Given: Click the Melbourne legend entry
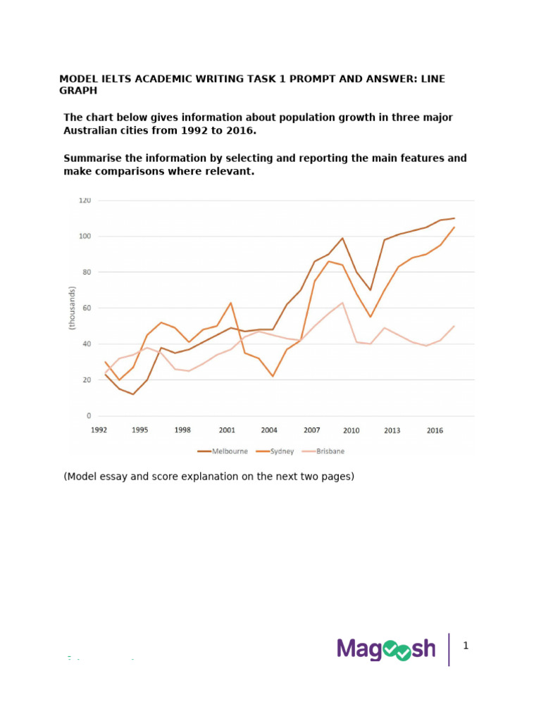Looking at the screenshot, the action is (223, 451).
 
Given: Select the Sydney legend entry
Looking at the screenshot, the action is (275, 451).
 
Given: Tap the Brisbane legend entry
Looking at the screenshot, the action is (323, 451).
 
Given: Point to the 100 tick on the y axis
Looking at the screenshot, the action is (85, 237).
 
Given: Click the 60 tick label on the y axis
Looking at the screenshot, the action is (87, 308).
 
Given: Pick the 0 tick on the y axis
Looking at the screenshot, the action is (89, 415).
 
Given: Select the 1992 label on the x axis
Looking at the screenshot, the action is (99, 430).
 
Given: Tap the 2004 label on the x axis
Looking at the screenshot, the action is (269, 430).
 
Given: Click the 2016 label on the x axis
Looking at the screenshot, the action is (435, 430).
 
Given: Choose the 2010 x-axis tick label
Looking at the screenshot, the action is (351, 430).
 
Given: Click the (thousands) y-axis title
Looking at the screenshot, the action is (72, 308).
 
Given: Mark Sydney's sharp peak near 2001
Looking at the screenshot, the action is (231, 303).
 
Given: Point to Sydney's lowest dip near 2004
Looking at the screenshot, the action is (273, 376).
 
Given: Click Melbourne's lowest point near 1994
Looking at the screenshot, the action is (133, 394).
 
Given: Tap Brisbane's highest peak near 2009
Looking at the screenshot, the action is (343, 303).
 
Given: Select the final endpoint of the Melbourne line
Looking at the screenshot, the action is (454, 218).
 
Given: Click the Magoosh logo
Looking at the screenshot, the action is (386, 648).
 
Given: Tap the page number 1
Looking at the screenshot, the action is (466, 646).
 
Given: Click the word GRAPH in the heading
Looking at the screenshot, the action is (78, 91).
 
